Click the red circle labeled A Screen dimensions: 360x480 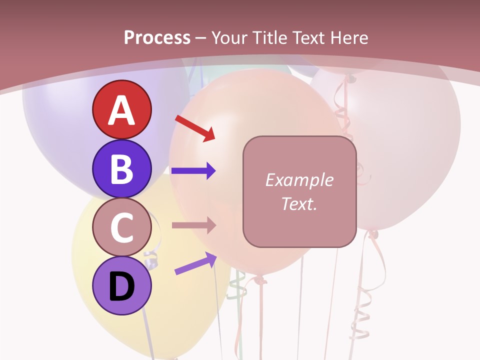point(121,109)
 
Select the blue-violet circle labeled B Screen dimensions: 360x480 point(121,168)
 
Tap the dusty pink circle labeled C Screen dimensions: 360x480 point(121,227)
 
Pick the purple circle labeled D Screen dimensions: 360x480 point(121,286)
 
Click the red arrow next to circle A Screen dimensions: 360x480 point(195,128)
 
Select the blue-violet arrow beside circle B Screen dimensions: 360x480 point(193,171)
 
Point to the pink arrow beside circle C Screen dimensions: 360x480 point(193,225)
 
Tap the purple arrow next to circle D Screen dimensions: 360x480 point(195,263)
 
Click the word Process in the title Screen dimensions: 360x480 point(157,37)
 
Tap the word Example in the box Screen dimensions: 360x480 point(299,180)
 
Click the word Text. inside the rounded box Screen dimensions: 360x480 point(299,203)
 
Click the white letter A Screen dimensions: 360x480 point(121,110)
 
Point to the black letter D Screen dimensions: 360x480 point(121,286)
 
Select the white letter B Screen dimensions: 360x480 point(121,169)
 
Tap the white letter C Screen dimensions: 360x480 point(121,228)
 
